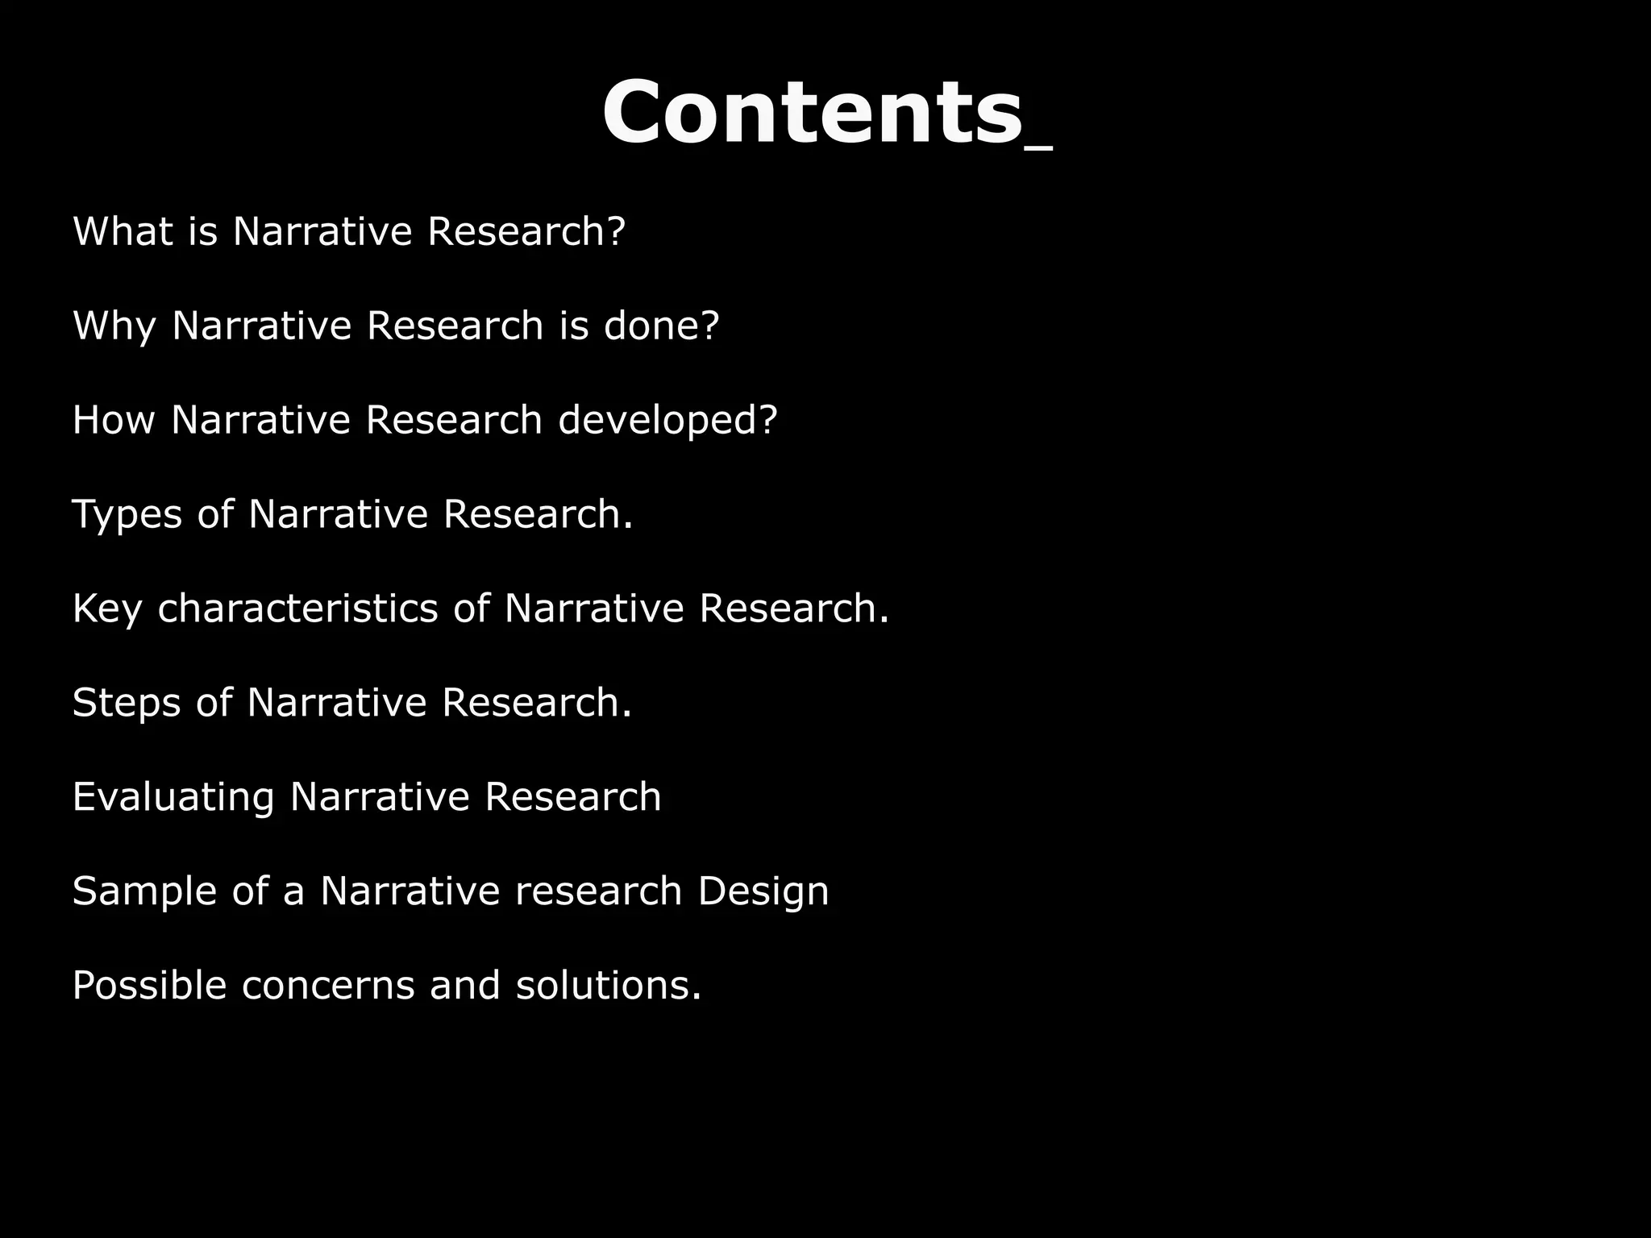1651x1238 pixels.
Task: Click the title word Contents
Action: [x=812, y=112]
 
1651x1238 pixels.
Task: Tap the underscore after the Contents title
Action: [x=1039, y=147]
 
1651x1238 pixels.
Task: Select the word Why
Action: [x=114, y=326]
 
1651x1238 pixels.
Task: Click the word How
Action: [x=114, y=420]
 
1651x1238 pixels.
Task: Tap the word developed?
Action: [x=667, y=421]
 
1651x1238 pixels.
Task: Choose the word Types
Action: [x=127, y=515]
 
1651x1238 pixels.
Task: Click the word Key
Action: [x=107, y=609]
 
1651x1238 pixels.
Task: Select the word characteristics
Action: [x=297, y=609]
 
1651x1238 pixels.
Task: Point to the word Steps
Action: [x=127, y=703]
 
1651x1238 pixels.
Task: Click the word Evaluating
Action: [x=173, y=797]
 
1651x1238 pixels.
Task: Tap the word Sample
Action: [x=144, y=891]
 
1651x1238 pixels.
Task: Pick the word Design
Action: [x=763, y=891]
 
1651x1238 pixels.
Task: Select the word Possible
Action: [x=149, y=985]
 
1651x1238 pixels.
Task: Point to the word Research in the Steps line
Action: [x=536, y=703]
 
